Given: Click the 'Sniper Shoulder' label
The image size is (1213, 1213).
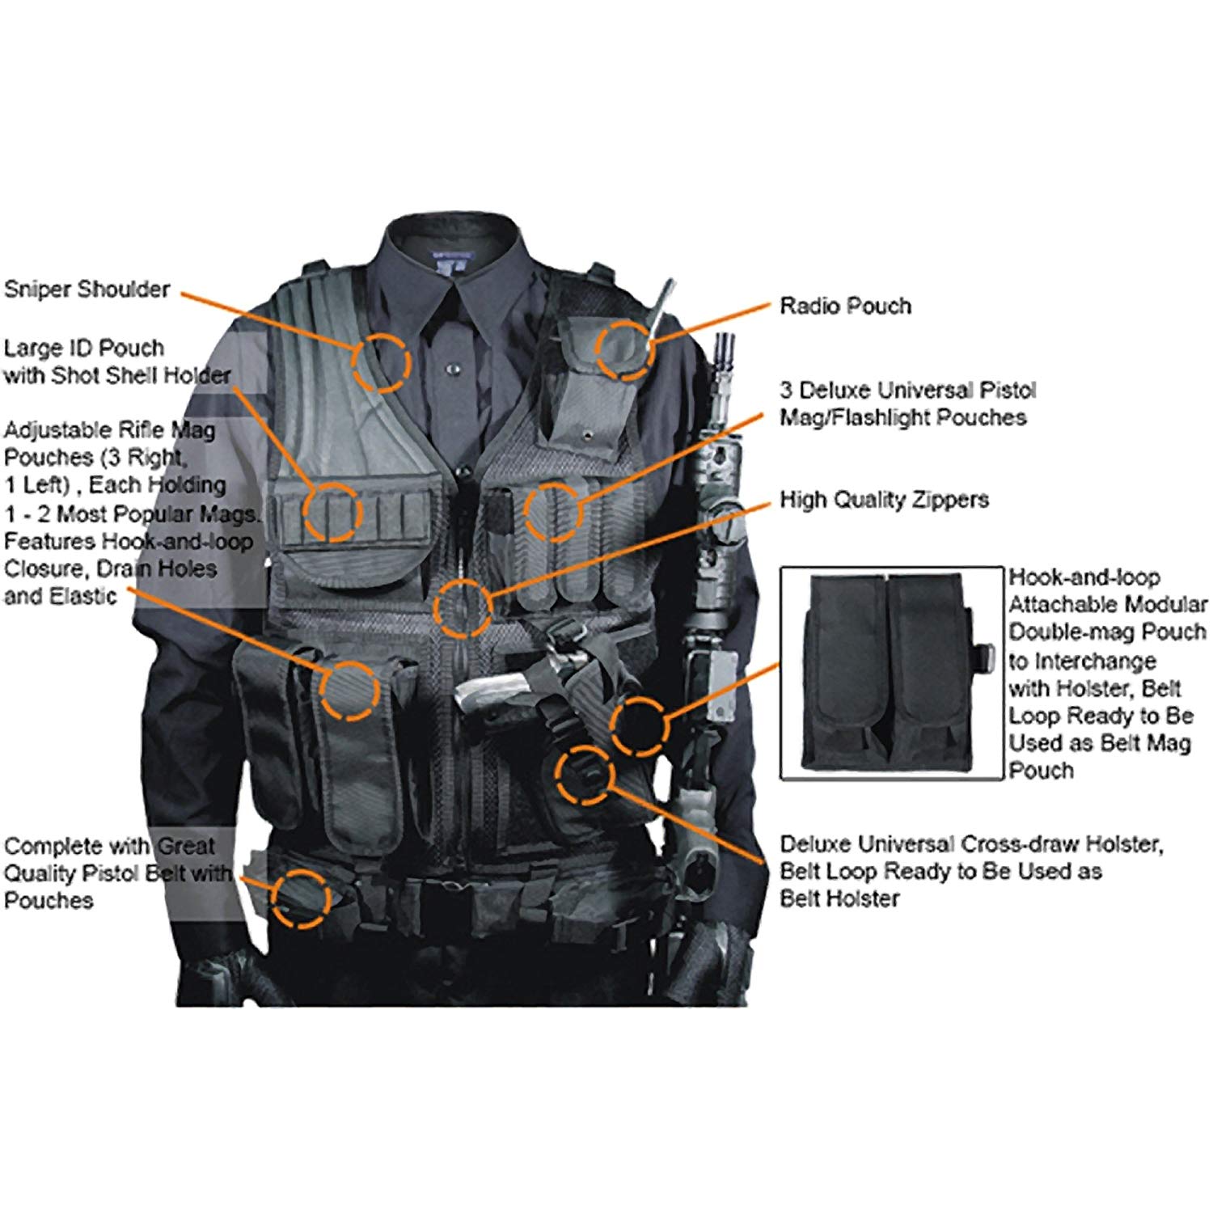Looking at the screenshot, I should tap(87, 289).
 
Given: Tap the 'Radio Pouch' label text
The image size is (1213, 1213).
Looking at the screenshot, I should tap(845, 306).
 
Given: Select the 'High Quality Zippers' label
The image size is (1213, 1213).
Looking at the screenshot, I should tap(884, 500).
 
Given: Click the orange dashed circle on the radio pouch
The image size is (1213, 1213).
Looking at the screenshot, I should tap(623, 349).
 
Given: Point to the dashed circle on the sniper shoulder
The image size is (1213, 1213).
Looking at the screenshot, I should tap(381, 362).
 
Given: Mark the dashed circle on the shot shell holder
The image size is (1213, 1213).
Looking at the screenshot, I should tap(332, 511).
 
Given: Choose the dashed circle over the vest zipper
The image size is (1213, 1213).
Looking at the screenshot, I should tap(463, 606).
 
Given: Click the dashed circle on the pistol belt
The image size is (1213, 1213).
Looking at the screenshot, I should tap(301, 898).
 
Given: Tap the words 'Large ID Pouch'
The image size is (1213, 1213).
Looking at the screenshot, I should tap(84, 348).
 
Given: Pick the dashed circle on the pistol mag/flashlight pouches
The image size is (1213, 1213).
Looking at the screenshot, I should tap(554, 511).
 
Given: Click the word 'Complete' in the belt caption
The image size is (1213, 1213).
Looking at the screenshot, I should tap(50, 847).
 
